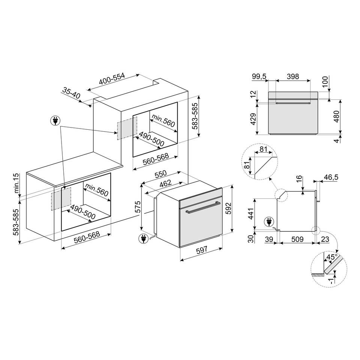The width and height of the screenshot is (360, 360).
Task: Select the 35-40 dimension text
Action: point(72,93)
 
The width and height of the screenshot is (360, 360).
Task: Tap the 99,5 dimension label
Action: point(259,76)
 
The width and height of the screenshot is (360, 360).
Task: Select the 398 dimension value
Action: point(292,76)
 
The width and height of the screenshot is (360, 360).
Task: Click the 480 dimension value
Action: point(336,117)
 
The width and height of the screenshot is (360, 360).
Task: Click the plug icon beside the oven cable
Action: point(143,238)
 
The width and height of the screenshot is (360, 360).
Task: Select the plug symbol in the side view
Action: point(268,222)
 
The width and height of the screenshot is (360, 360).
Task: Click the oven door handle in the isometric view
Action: point(202,207)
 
